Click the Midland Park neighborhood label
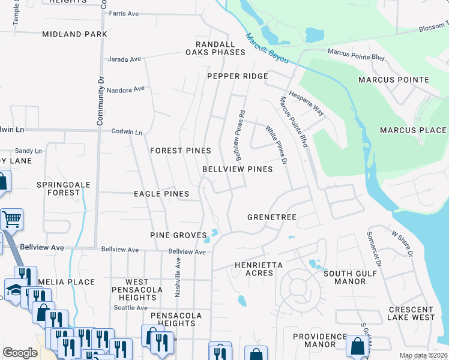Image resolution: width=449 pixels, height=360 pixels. tap(75, 34)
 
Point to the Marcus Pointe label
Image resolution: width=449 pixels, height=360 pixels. tap(394, 80)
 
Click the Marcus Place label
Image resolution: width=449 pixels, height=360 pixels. tap(413, 130)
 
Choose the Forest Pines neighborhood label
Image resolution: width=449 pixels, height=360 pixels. tap(180, 150)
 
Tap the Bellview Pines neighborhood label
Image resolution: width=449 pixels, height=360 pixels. tap(237, 169)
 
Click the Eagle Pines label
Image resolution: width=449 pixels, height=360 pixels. tap(161, 194)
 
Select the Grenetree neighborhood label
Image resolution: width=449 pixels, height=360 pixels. tap(273, 217)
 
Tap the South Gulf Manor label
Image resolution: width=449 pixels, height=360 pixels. tap(350, 277)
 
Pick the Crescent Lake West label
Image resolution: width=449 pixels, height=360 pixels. tap(411, 313)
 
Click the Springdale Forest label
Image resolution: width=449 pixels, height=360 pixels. tap(58, 188)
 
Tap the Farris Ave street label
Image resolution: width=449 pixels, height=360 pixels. tap(124, 13)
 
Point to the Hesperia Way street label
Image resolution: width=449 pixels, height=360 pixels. tap(306, 103)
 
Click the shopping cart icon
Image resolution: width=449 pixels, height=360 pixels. tap(11, 220)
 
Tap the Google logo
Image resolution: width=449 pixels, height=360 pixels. tap(20, 353)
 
